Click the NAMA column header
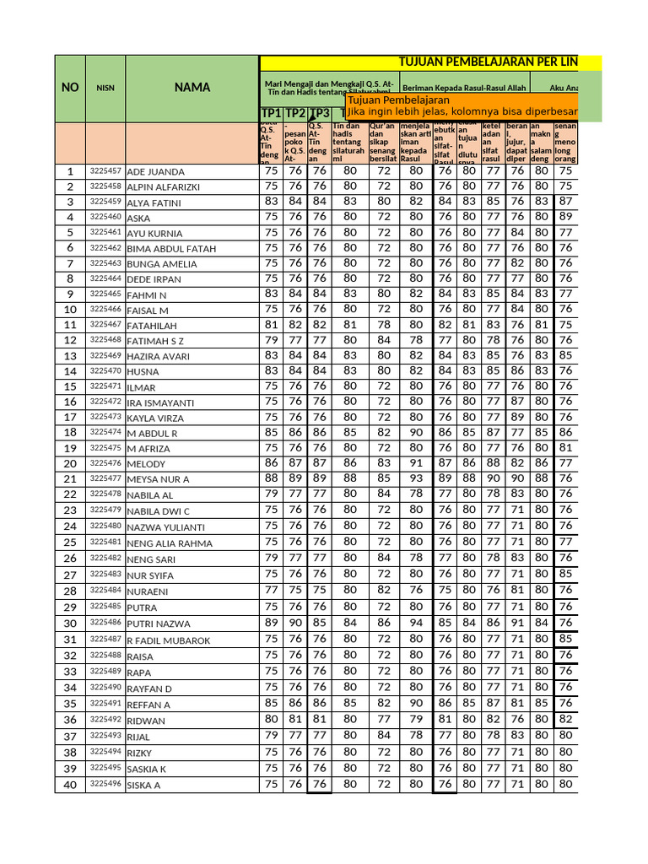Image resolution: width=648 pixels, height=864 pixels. (x=192, y=87)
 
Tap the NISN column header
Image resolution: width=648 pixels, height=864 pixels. (x=105, y=87)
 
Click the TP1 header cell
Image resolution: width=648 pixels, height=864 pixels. (x=271, y=114)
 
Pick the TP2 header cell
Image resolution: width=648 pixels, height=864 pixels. (x=295, y=114)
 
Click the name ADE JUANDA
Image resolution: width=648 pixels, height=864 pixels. (x=155, y=172)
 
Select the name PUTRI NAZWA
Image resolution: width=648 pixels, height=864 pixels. (x=159, y=624)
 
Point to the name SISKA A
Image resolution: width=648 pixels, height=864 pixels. (x=143, y=786)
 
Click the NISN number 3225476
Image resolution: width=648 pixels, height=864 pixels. (x=105, y=463)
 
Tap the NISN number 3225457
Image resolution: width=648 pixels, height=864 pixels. (x=105, y=171)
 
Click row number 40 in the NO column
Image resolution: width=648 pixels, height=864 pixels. (x=70, y=785)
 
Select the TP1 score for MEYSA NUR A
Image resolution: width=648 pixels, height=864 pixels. (x=271, y=478)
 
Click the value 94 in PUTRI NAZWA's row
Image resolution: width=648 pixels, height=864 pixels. (x=416, y=623)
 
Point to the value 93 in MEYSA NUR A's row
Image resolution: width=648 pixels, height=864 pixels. (x=416, y=478)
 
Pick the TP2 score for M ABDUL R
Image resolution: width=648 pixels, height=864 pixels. (x=295, y=432)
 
